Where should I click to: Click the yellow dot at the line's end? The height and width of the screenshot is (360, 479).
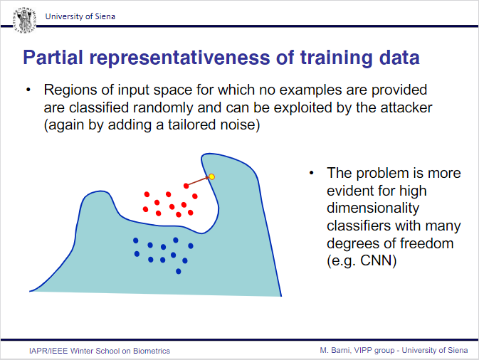coord(211,176)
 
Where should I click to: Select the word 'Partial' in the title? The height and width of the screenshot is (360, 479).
coord(52,57)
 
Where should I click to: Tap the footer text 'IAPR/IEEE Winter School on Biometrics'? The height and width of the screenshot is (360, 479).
coord(100,351)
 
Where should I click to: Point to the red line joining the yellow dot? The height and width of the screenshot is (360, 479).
coord(199,181)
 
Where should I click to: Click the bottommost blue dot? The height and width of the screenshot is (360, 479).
coord(179,271)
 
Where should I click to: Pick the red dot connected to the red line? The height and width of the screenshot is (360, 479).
coord(186,186)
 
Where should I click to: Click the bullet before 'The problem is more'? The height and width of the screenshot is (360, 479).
coord(312,173)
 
